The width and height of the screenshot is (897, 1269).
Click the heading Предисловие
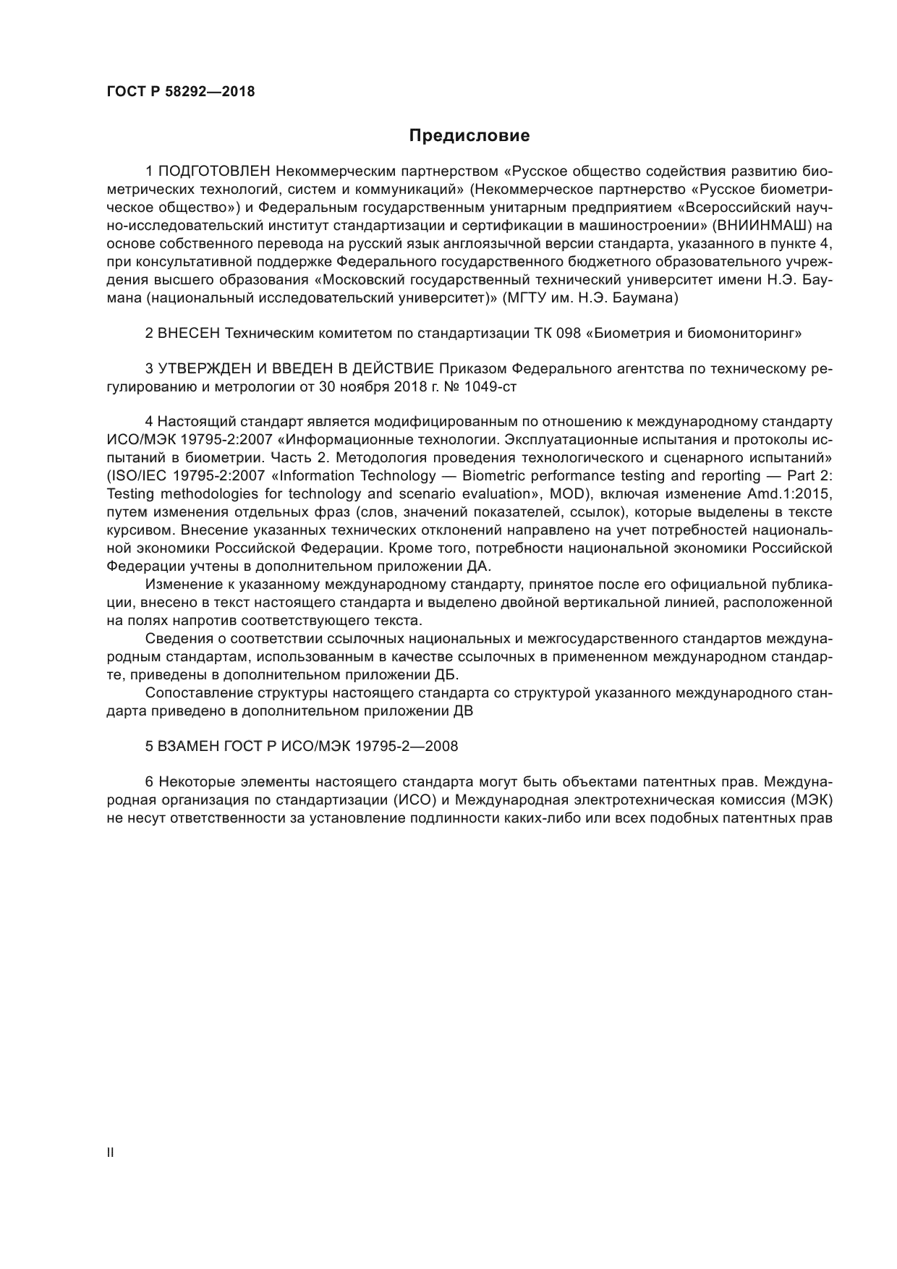(469, 135)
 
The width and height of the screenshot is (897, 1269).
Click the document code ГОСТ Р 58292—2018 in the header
(180, 92)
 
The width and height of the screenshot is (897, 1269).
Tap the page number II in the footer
(110, 1153)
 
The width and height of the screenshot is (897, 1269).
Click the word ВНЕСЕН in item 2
(190, 334)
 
